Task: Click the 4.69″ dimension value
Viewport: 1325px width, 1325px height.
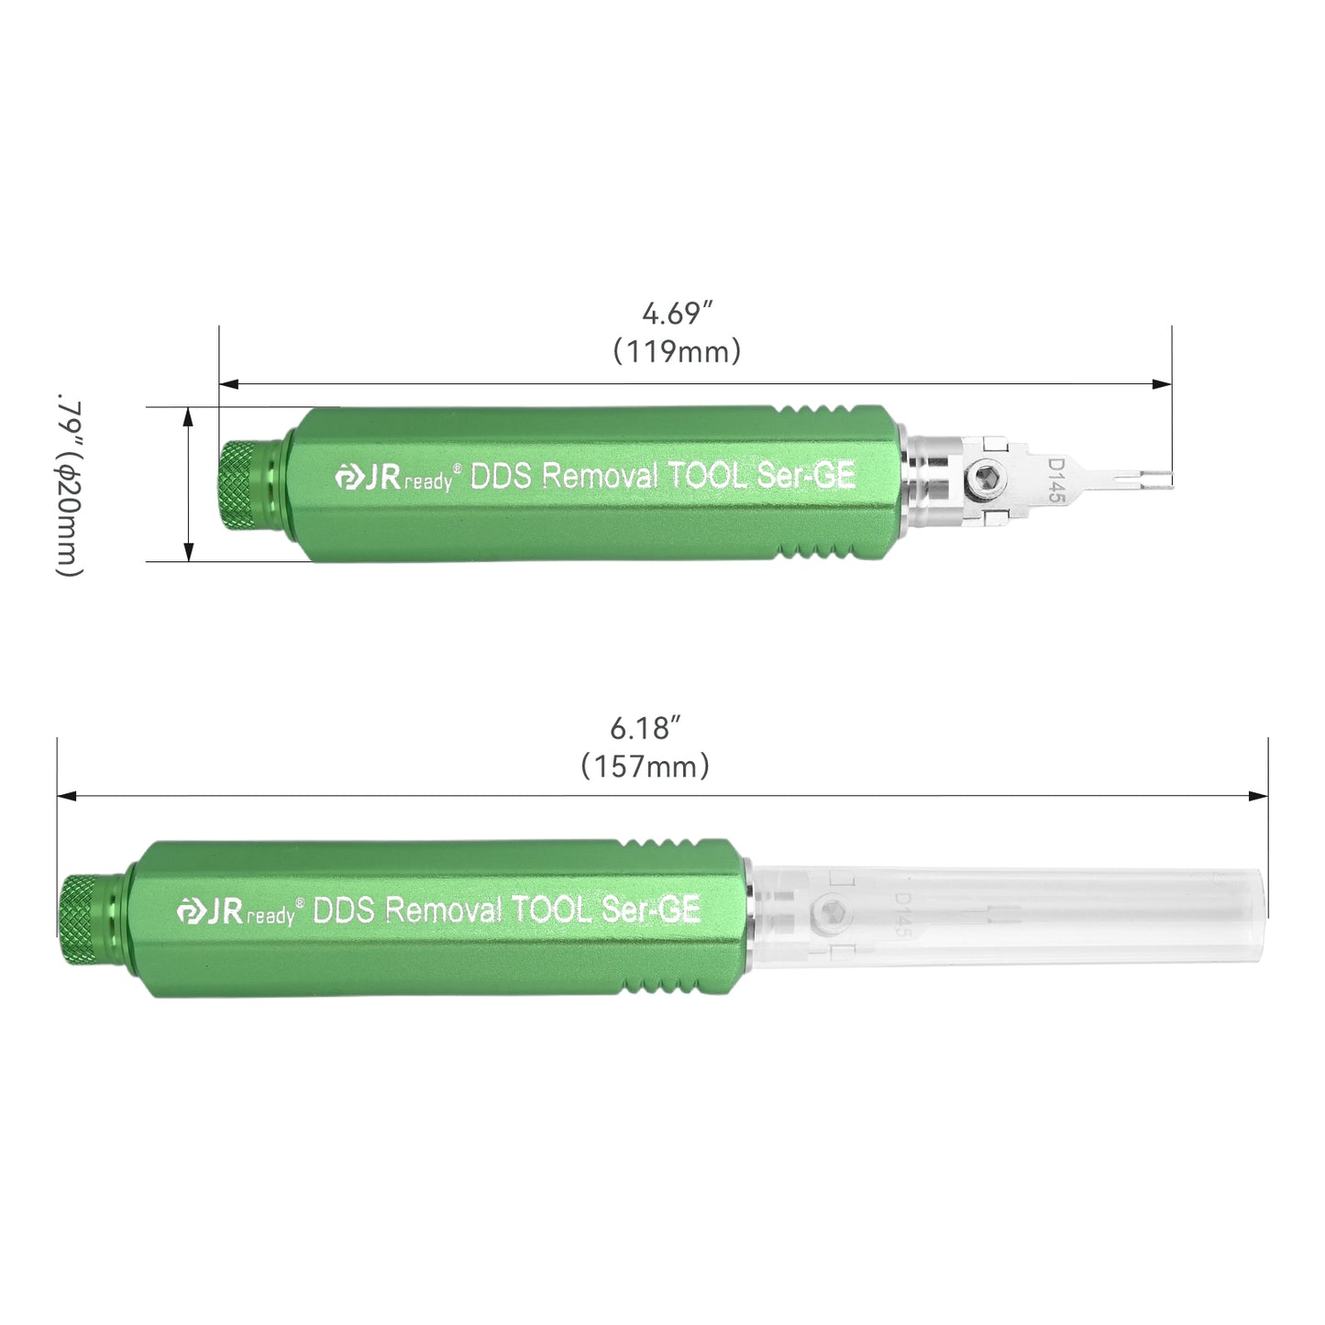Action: (x=677, y=314)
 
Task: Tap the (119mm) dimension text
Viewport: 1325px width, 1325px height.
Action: (x=677, y=351)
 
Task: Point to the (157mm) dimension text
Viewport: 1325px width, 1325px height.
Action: (x=646, y=766)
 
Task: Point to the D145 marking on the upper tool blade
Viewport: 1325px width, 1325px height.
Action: (x=1056, y=479)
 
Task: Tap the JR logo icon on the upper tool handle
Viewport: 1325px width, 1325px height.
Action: (x=348, y=478)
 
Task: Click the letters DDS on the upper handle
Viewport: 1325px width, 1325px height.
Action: (x=501, y=477)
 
